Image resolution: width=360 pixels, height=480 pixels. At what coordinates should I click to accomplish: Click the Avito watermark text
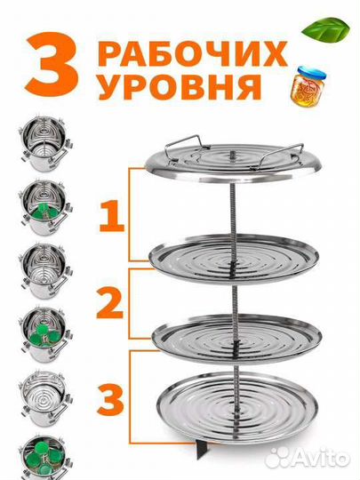[x=319, y=456]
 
